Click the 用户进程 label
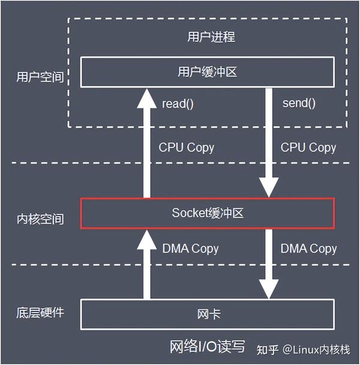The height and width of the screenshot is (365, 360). point(207,37)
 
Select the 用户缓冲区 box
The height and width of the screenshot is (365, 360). point(207,72)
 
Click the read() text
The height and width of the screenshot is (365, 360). point(178,103)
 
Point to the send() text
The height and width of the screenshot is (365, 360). point(299,102)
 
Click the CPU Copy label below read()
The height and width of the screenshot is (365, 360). point(186,147)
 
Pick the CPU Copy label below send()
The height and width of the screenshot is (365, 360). point(308,147)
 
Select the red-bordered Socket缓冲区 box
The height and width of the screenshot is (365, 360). point(207,213)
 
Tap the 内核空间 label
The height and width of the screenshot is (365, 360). point(40,219)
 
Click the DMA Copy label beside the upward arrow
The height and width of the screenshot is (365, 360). point(190,248)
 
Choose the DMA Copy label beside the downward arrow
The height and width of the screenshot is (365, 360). point(308,248)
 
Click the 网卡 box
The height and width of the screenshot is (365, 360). point(207,315)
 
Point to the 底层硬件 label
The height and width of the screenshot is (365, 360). point(40,313)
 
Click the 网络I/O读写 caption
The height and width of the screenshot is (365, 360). point(208,348)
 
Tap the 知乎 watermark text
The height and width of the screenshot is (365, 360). point(269,349)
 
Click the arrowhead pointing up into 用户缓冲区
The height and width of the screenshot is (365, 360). point(146,98)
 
